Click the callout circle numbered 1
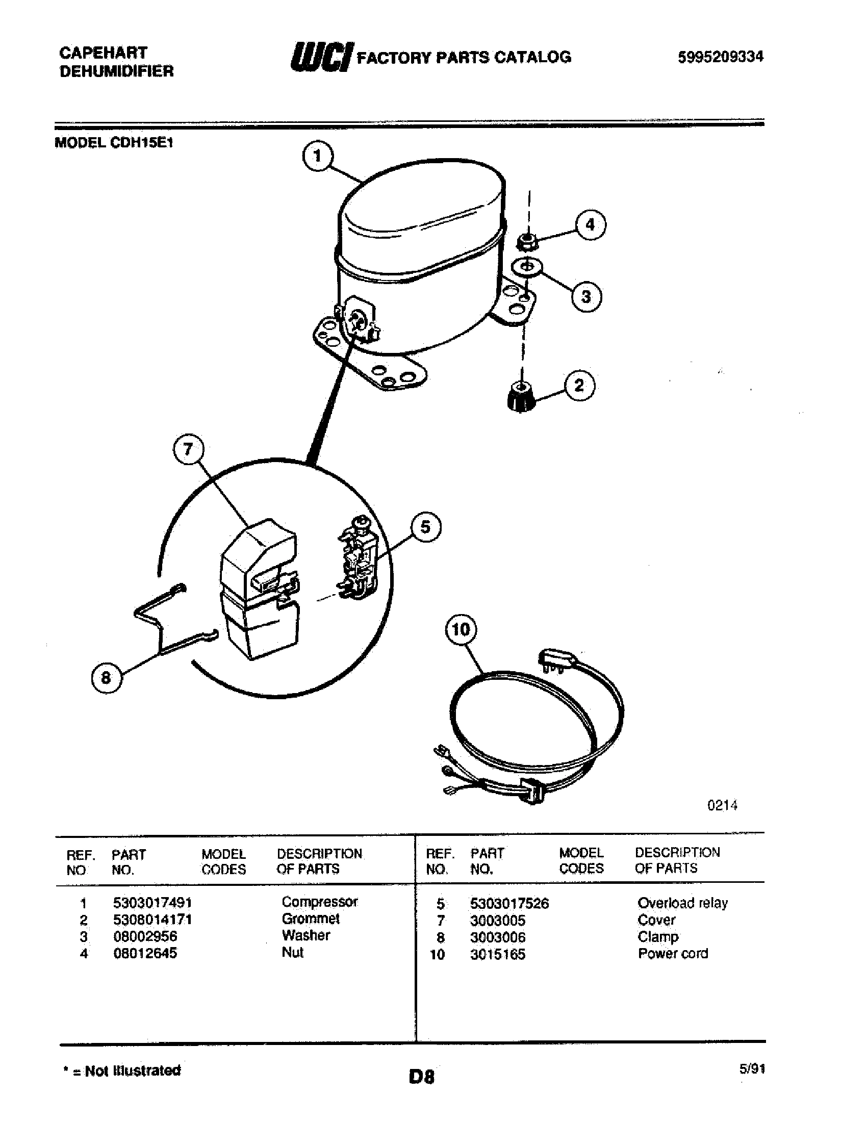coord(317,156)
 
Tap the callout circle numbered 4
coord(590,225)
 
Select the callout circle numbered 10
coord(461,629)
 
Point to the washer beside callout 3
coord(526,267)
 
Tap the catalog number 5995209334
coord(720,57)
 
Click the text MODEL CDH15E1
coord(114,143)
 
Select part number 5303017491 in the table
coord(152,902)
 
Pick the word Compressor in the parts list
coord(319,902)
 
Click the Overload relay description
coord(682,903)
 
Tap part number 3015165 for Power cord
coord(497,954)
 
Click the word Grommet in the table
coord(311,918)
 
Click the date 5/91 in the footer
coord(752,1068)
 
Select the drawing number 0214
coord(722,805)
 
